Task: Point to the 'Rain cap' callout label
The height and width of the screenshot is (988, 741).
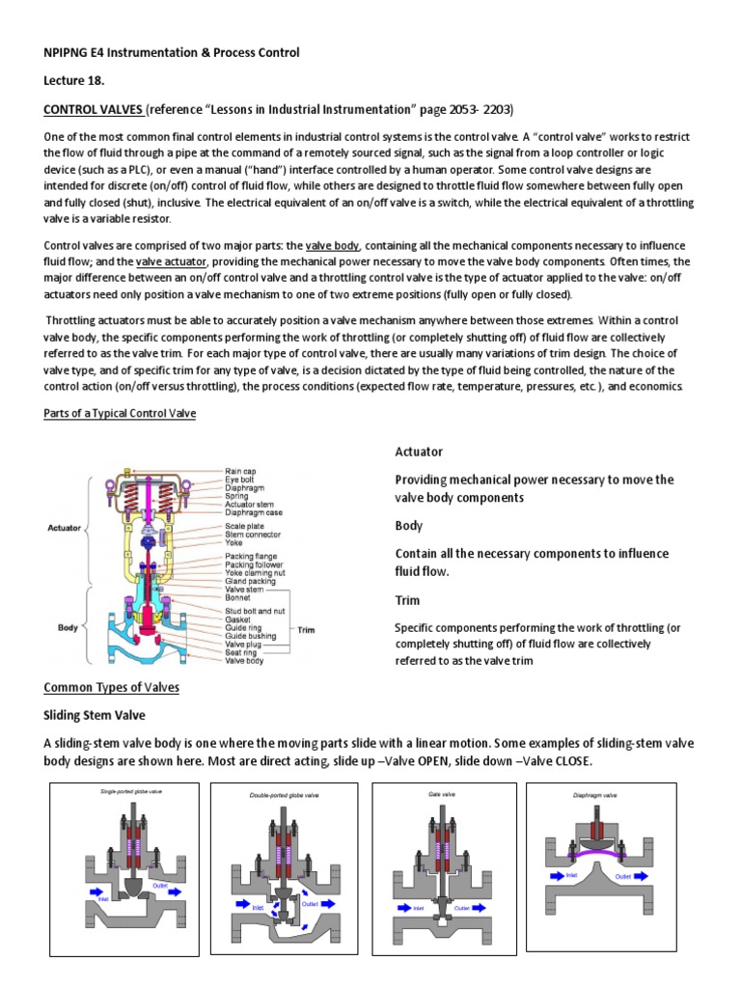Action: pos(239,470)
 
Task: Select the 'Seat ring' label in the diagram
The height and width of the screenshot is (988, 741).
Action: pos(241,653)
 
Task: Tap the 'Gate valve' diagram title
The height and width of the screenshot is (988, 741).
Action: pos(441,793)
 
